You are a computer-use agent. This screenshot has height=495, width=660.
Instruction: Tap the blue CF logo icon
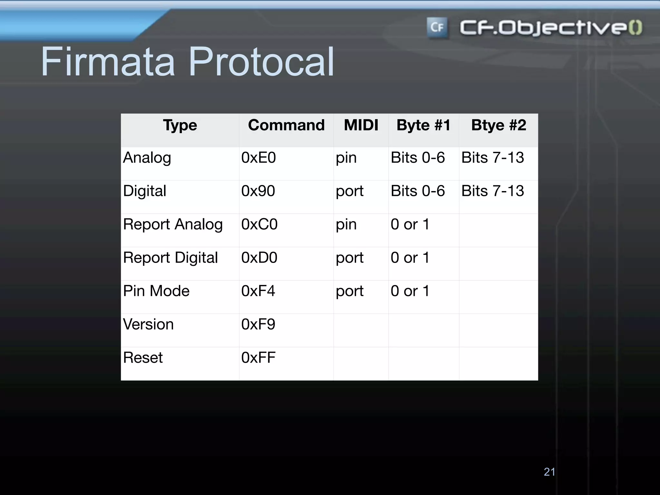pyautogui.click(x=437, y=27)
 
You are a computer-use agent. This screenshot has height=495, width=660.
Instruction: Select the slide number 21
pyautogui.click(x=549, y=472)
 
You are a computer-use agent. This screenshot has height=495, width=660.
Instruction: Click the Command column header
pyautogui.click(x=286, y=125)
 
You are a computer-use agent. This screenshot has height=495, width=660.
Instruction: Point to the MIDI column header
pyautogui.click(x=361, y=125)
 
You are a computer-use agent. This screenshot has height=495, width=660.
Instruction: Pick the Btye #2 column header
pyautogui.click(x=499, y=125)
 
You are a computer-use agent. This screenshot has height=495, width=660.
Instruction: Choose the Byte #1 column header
pyautogui.click(x=423, y=125)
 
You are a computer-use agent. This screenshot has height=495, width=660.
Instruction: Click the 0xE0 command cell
pyautogui.click(x=258, y=158)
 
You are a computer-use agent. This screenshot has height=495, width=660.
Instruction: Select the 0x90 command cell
pyautogui.click(x=258, y=191)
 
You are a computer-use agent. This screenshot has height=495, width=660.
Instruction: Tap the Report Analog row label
pyautogui.click(x=173, y=225)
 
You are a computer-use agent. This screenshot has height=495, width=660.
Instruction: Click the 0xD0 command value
pyautogui.click(x=259, y=258)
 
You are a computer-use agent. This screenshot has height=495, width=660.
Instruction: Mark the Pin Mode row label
pyautogui.click(x=156, y=291)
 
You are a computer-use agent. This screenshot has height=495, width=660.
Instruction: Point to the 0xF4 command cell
pyautogui.click(x=258, y=291)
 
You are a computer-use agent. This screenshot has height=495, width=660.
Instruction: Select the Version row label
pyautogui.click(x=148, y=324)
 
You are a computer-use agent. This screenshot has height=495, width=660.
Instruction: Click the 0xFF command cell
pyautogui.click(x=258, y=358)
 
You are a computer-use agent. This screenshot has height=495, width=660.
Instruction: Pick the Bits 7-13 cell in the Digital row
pyautogui.click(x=492, y=191)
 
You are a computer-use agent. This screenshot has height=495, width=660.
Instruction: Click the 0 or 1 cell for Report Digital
pyautogui.click(x=410, y=258)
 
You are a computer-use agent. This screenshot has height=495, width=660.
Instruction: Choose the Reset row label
pyautogui.click(x=143, y=358)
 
